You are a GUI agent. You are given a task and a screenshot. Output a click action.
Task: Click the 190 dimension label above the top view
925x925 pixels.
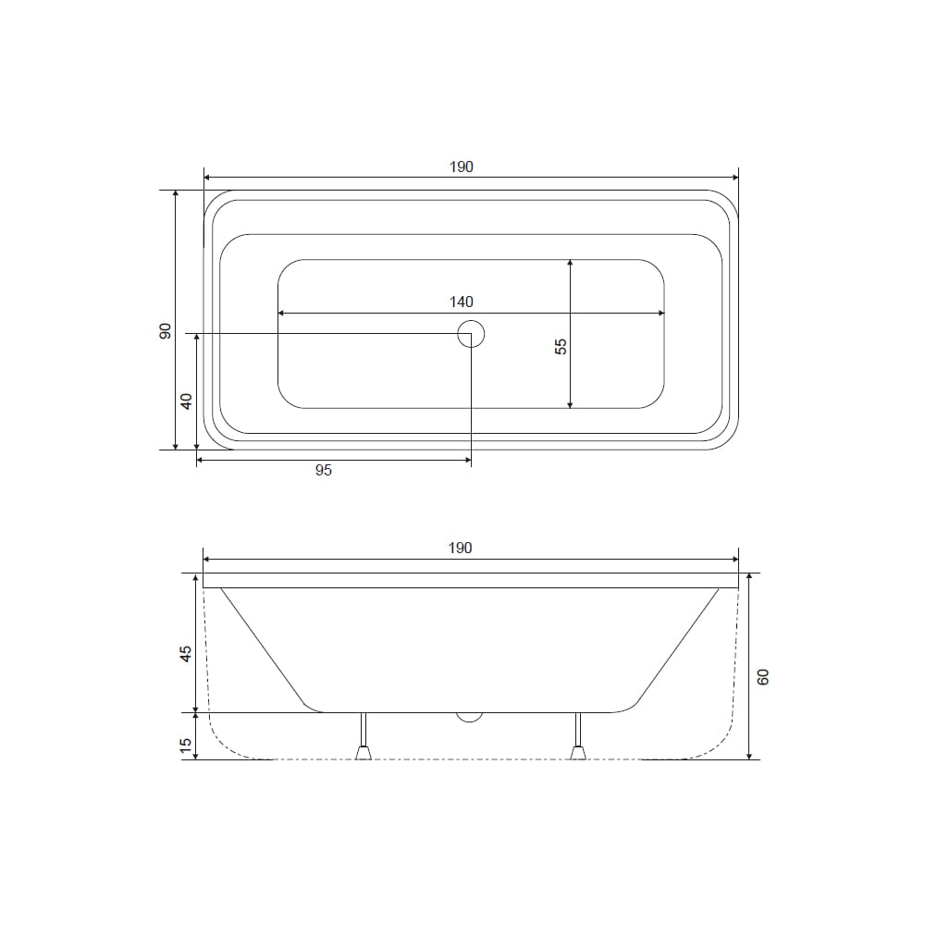(462, 166)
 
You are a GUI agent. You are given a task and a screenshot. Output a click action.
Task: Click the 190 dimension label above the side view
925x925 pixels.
(460, 548)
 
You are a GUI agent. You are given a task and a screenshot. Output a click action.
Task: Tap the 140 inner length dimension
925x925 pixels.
(462, 302)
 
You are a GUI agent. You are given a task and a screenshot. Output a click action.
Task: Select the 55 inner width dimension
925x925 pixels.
(561, 346)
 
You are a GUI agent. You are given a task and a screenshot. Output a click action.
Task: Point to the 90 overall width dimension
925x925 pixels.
(166, 331)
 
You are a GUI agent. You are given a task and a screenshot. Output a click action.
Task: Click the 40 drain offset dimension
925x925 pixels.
(187, 401)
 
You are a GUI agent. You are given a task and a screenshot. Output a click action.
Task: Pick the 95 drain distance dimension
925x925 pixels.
(323, 470)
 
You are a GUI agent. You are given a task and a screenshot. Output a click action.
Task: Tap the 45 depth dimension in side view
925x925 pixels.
(186, 654)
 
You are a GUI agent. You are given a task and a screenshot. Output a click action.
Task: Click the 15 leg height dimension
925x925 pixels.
(186, 746)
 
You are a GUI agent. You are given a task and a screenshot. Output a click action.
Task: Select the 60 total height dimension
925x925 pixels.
(763, 677)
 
